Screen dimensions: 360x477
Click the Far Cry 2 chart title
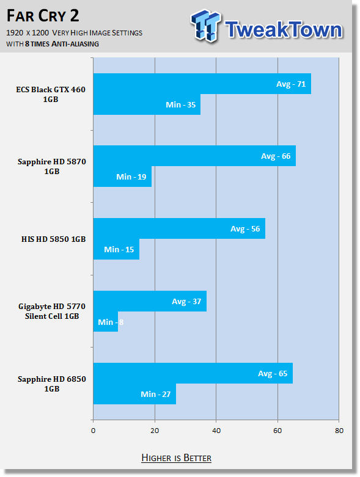point(43,16)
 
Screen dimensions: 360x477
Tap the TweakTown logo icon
point(205,26)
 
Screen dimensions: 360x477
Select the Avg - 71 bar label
point(290,84)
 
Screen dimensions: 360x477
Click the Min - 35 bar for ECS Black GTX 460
point(147,104)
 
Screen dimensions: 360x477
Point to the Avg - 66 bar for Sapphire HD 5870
point(194,156)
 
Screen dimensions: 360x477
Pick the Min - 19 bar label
point(131,177)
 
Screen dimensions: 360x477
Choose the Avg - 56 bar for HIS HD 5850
point(179,228)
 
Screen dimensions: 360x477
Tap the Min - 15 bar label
point(119,249)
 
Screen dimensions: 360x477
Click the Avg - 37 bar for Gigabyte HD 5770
point(150,301)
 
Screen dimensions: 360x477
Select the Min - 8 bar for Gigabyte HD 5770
point(106,322)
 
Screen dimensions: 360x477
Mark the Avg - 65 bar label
point(273,374)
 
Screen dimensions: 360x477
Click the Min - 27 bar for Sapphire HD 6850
point(134,394)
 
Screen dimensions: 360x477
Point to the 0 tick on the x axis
point(93,431)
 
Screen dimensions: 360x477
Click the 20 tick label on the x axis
point(155,431)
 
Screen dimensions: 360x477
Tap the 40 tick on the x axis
point(216,431)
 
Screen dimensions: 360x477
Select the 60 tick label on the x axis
point(277,431)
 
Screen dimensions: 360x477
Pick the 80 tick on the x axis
point(339,431)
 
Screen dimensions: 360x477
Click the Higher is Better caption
point(177,458)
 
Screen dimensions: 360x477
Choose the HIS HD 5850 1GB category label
point(54,239)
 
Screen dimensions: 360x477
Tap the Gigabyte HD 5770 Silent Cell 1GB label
point(52,311)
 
